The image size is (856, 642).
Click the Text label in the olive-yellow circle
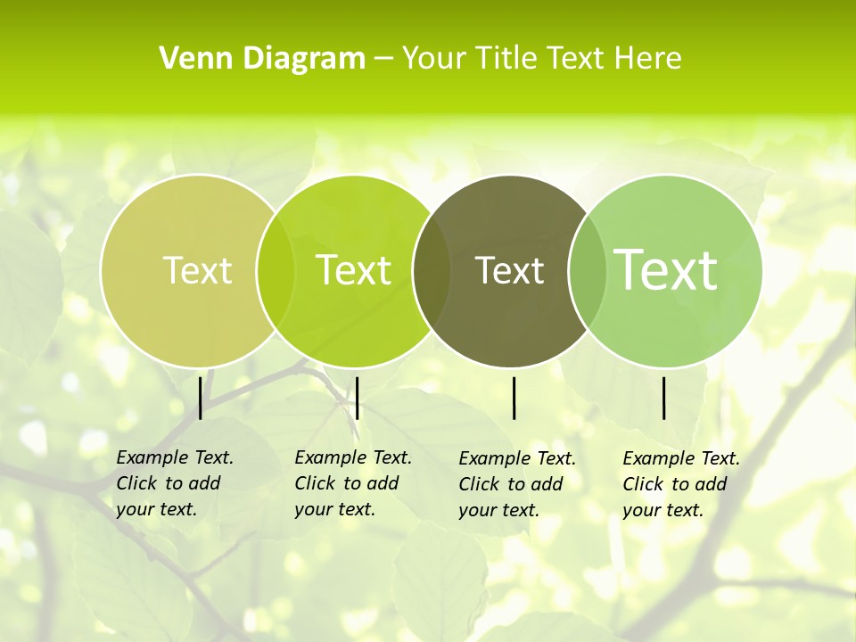pos(197,270)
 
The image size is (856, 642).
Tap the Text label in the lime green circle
pos(353,270)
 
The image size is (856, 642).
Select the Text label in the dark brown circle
pos(509,270)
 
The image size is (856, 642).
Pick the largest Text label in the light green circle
pos(665,269)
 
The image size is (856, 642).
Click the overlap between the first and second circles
pos(276,270)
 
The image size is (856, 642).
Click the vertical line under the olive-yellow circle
pos(201,398)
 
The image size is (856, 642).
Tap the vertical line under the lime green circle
pos(357,398)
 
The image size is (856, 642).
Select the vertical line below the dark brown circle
pos(514,398)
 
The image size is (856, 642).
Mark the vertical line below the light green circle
pos(664,398)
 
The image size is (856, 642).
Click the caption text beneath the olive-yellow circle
pos(175,483)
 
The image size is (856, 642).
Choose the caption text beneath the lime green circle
pos(353,483)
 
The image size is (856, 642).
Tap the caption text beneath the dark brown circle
pos(517,484)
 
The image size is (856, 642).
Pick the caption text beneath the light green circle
pos(681,484)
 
